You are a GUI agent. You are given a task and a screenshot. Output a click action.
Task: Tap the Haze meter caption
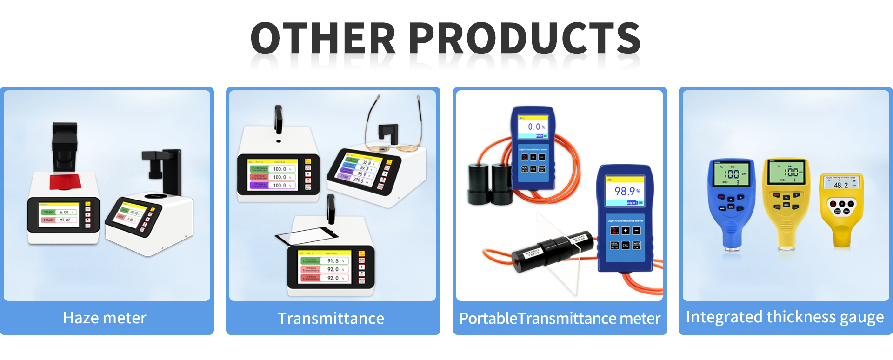tap(105, 318)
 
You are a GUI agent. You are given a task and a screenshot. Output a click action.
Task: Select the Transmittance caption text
tap(331, 319)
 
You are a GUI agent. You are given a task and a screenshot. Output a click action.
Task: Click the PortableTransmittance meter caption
tap(560, 319)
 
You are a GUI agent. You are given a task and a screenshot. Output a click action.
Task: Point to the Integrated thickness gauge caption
tap(785, 317)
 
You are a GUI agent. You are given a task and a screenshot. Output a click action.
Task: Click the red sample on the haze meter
tap(65, 182)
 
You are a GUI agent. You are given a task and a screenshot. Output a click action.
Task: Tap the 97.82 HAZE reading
tap(65, 220)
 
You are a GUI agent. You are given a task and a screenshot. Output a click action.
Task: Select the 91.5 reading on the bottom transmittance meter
tap(333, 261)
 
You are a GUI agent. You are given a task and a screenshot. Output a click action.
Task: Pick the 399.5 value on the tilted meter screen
tap(358, 180)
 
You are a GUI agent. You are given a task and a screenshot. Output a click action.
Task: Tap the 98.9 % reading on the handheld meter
tap(626, 191)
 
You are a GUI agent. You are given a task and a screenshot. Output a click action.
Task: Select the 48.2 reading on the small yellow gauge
tap(841, 185)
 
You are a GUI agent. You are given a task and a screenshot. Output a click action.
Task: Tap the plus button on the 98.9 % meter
tap(626, 230)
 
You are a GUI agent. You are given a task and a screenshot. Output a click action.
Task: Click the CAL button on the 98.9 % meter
tap(626, 245)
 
